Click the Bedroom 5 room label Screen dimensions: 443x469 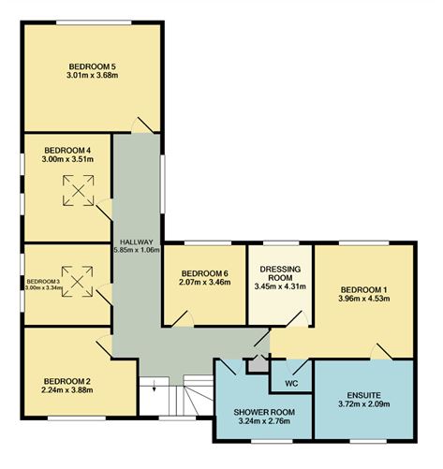93,66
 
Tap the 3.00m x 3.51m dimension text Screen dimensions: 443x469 67,159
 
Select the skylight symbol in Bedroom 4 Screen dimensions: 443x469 79,190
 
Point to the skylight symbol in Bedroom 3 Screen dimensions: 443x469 77,282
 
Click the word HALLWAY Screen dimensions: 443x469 137,242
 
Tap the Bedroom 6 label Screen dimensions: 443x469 205,273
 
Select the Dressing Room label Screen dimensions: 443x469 280,273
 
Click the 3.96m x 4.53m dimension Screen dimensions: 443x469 364,299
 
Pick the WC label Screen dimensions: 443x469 291,384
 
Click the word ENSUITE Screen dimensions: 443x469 363,396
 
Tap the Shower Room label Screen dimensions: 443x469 264,412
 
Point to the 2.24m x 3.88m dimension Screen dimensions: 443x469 67,389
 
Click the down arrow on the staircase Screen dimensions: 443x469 154,385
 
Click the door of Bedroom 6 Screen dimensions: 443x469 182,318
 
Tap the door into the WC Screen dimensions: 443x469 298,367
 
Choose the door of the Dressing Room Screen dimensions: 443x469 297,318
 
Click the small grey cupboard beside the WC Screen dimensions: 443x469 258,363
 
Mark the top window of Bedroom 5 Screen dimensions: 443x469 94,22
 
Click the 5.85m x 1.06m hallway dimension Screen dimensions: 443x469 137,250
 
